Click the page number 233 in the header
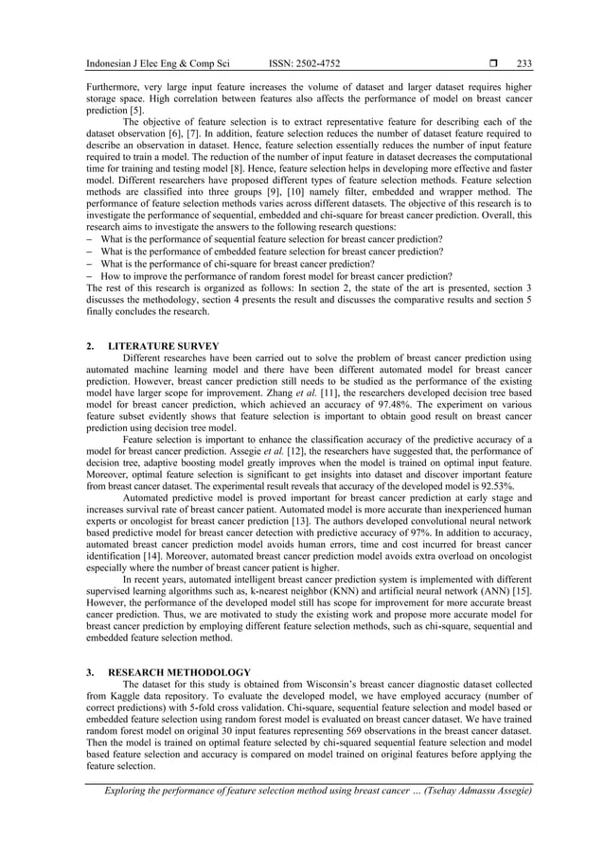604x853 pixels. (x=524, y=64)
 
